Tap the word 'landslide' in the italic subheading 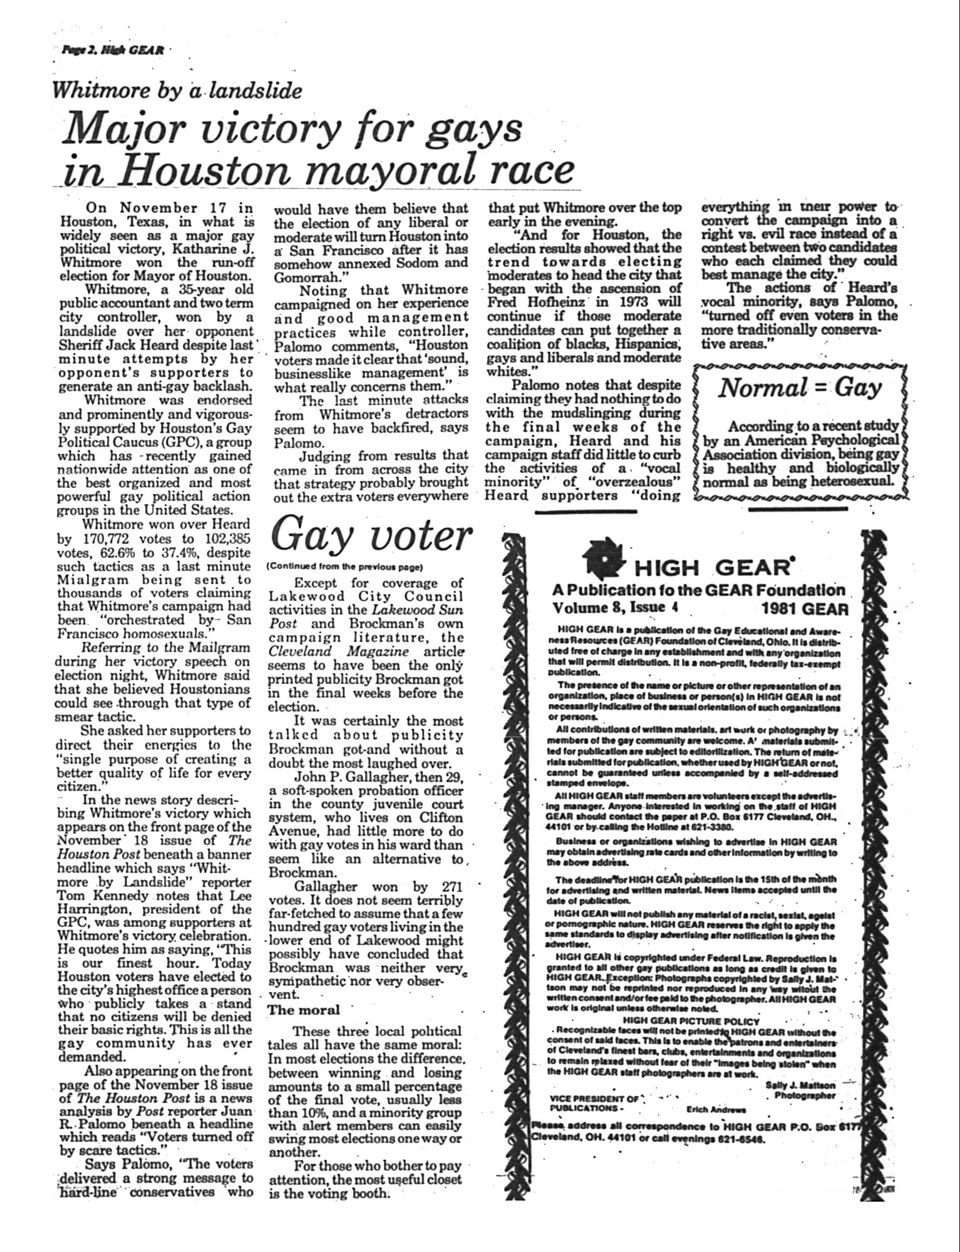255,91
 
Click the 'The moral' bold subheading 304,1010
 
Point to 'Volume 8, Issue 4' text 615,608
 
